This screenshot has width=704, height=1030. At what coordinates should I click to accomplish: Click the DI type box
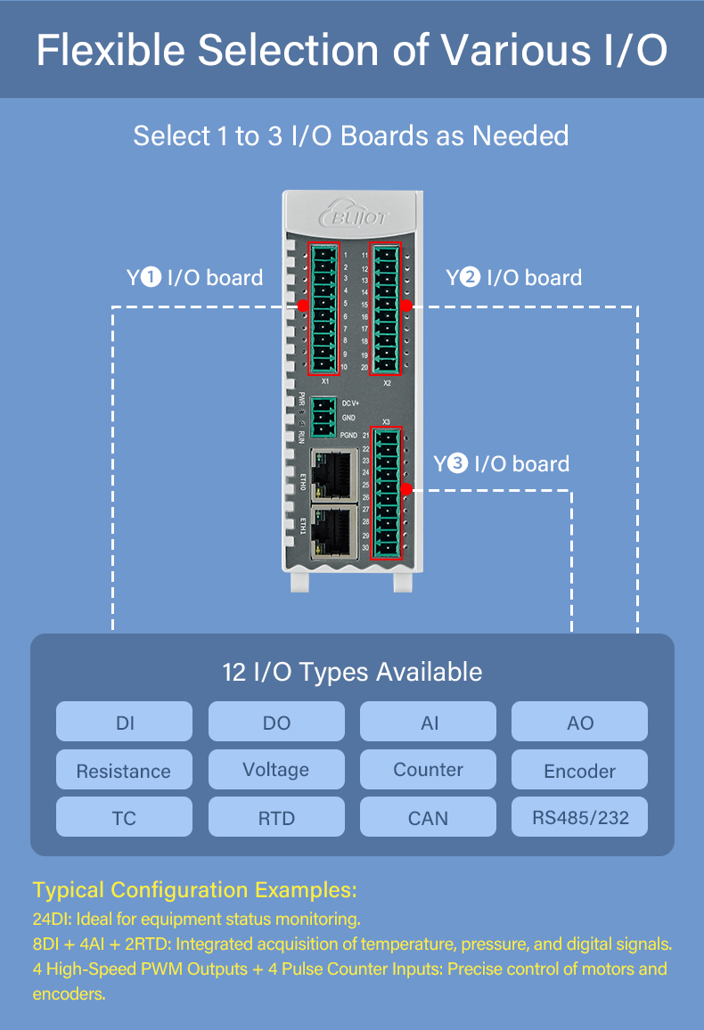click(124, 722)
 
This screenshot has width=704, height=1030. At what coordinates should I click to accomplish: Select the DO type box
click(276, 722)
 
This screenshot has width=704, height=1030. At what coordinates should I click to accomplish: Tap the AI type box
click(428, 722)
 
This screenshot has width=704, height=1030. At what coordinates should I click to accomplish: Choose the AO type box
click(579, 722)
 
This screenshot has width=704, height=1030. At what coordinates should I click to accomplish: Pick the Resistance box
click(124, 770)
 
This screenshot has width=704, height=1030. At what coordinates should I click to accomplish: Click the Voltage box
click(276, 769)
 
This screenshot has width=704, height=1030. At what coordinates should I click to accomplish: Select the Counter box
click(428, 769)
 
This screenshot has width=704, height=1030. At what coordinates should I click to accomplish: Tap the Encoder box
click(579, 770)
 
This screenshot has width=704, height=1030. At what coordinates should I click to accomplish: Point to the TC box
click(124, 817)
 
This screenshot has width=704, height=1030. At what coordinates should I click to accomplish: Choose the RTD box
click(276, 817)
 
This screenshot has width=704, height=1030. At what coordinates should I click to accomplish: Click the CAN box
click(428, 817)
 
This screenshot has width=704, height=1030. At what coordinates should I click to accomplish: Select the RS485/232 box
click(579, 817)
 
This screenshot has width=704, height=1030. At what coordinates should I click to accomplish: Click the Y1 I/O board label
click(195, 278)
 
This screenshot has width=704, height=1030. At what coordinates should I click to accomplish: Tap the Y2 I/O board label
click(514, 278)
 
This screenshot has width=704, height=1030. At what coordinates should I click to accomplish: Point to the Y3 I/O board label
click(502, 464)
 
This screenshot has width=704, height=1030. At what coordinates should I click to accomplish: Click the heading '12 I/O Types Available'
click(352, 672)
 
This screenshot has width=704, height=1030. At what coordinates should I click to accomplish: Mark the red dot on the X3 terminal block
click(406, 489)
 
